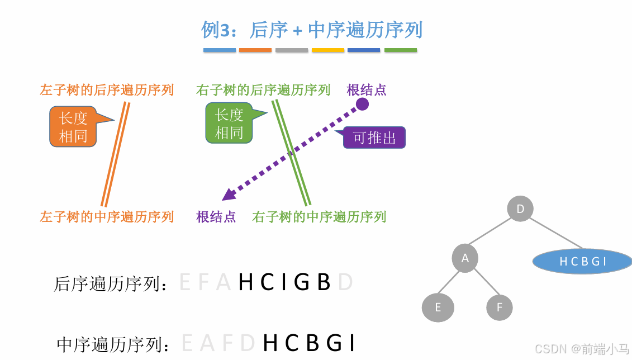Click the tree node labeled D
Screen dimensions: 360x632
(520, 209)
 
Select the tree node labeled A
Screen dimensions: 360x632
(465, 258)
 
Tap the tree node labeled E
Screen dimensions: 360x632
(438, 307)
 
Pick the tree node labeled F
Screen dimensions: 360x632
(499, 307)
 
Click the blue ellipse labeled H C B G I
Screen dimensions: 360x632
(582, 261)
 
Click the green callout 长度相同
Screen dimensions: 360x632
(229, 124)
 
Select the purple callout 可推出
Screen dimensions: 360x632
(374, 138)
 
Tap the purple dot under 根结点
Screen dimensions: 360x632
(363, 104)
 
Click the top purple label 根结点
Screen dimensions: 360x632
(367, 90)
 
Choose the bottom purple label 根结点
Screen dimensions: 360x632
(216, 217)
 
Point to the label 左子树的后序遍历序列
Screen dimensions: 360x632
(107, 90)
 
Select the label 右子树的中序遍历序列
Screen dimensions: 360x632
(319, 217)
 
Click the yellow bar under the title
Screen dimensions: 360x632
(327, 50)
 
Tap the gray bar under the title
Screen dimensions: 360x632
(292, 50)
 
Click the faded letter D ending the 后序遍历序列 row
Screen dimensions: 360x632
(345, 283)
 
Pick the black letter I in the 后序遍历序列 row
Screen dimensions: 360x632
(283, 283)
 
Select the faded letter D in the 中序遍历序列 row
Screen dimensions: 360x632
(248, 343)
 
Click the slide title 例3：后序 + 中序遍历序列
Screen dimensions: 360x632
(312, 30)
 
